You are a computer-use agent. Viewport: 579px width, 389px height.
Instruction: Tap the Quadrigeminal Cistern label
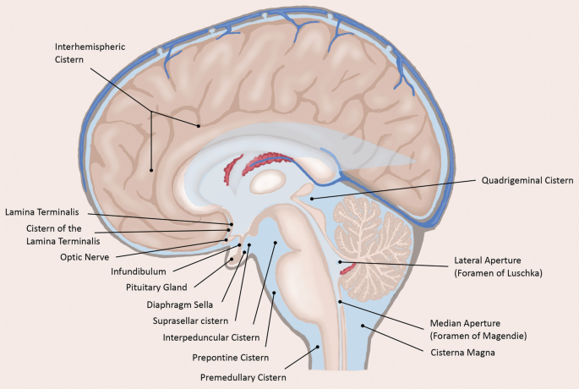tap(527, 180)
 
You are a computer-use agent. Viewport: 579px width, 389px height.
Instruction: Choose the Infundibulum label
tap(139, 271)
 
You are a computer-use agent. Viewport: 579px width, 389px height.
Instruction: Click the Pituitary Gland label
tap(156, 288)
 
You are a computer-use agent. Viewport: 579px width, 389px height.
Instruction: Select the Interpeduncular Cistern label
tap(212, 337)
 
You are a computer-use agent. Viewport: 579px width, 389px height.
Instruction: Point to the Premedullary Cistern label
tap(243, 377)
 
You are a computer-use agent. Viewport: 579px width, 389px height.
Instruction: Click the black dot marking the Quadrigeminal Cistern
tap(311, 198)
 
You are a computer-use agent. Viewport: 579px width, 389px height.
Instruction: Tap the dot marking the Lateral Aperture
tap(341, 263)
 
